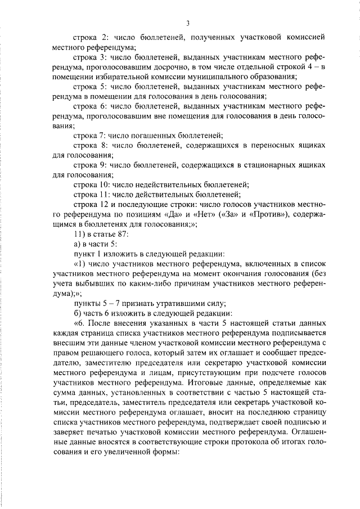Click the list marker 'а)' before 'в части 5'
click(78, 242)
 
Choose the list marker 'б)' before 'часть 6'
click(78, 310)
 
